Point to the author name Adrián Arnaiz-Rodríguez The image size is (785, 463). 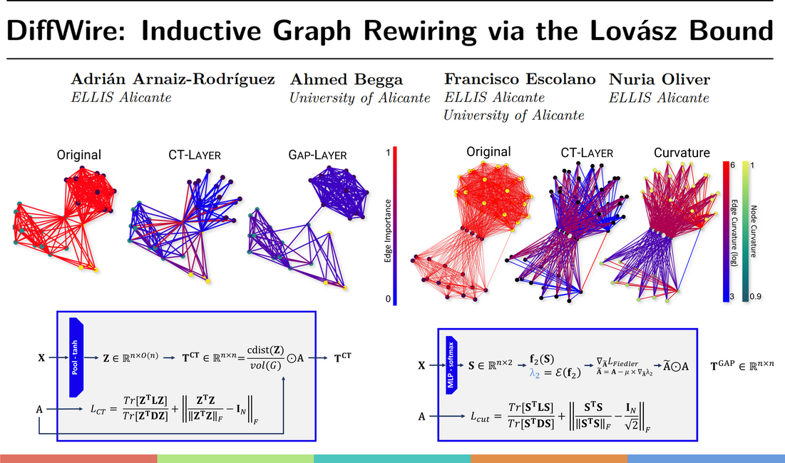173,79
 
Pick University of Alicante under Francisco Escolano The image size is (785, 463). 514,115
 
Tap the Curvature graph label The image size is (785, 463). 682,153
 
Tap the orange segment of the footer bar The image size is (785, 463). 549,457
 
